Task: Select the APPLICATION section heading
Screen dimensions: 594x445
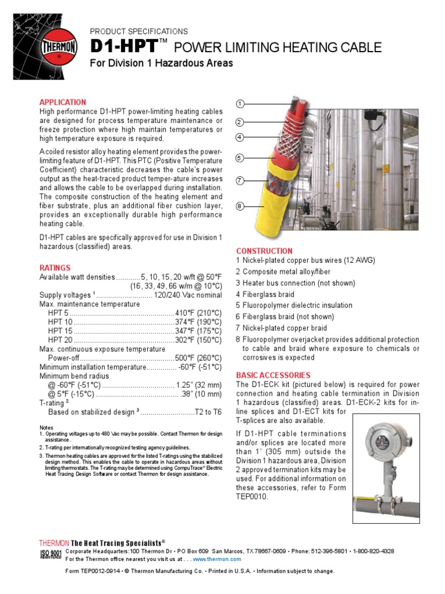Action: [63, 102]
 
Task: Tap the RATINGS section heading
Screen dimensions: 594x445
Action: [55, 268]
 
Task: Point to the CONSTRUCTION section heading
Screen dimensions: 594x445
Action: [264, 251]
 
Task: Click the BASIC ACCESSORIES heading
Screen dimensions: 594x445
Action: [273, 375]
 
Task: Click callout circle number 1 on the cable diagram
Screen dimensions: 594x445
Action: [239, 104]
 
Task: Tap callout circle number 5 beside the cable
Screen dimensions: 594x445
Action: [239, 158]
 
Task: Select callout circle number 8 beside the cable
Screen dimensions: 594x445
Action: [239, 206]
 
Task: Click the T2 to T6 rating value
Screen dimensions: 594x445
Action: [208, 412]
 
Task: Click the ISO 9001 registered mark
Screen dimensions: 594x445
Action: [50, 555]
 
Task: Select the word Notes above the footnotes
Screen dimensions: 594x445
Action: [46, 428]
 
